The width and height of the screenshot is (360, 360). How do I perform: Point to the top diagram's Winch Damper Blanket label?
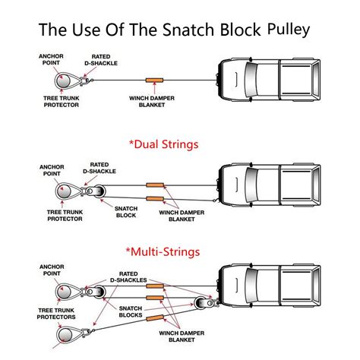tap(155, 101)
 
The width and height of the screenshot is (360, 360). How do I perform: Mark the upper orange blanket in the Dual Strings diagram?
tap(156, 185)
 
